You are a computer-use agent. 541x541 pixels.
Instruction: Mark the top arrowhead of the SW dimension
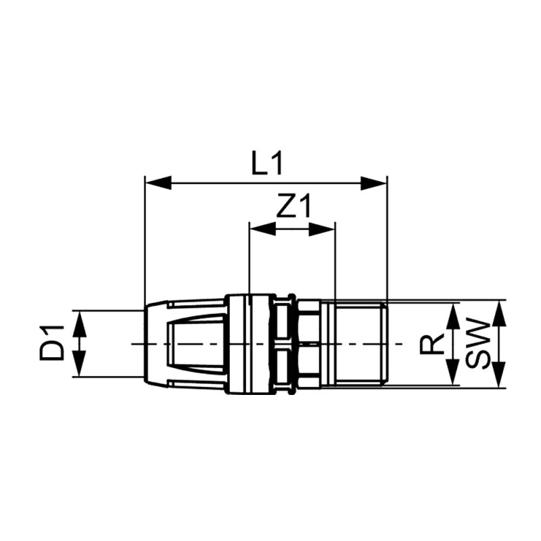click(x=499, y=312)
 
